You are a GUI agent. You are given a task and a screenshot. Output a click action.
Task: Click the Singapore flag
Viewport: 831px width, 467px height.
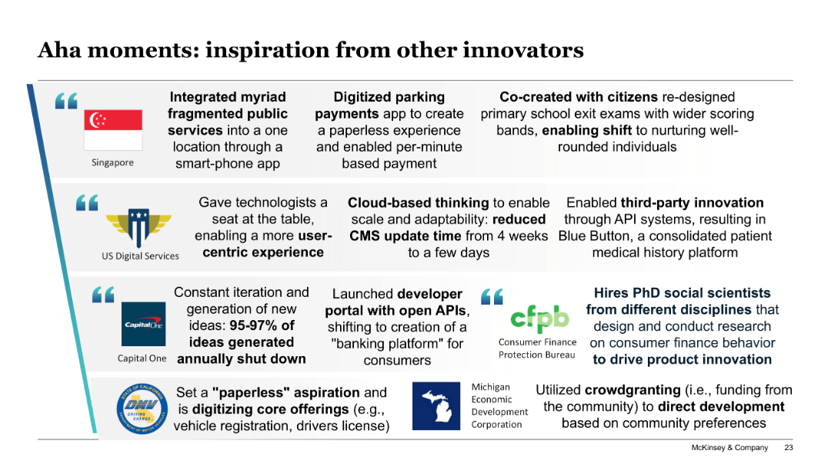pos(113,129)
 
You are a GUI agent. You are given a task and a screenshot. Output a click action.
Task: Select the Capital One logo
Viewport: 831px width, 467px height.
pos(143,324)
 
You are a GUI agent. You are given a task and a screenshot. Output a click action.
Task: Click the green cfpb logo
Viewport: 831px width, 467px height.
pos(539,318)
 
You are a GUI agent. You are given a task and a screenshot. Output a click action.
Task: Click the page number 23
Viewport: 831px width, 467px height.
pos(788,448)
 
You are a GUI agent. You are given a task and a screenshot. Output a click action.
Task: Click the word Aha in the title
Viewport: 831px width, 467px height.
pos(59,51)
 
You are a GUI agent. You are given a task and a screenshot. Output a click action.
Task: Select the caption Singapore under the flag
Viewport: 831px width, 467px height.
pos(112,162)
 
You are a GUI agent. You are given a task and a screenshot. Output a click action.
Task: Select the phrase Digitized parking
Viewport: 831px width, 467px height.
pos(389,97)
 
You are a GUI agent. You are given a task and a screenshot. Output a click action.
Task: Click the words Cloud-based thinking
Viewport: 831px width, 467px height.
pos(418,203)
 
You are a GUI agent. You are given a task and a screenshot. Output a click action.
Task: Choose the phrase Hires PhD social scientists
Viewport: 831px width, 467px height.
pos(682,293)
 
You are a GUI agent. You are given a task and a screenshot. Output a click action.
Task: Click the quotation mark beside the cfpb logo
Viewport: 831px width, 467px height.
pos(492,295)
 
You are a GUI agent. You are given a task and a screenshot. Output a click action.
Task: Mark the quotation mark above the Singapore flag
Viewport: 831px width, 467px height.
pos(66,101)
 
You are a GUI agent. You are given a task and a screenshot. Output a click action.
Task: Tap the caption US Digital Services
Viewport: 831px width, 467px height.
pos(140,256)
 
